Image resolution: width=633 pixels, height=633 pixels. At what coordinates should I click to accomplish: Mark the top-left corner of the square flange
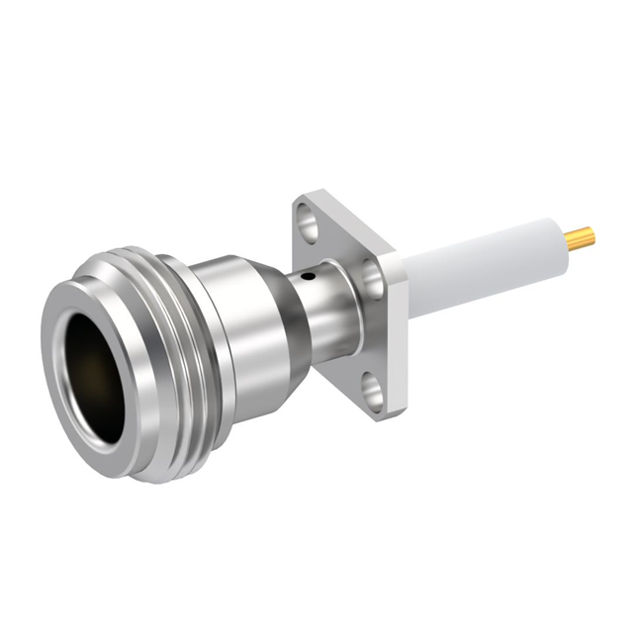tap(298, 204)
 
